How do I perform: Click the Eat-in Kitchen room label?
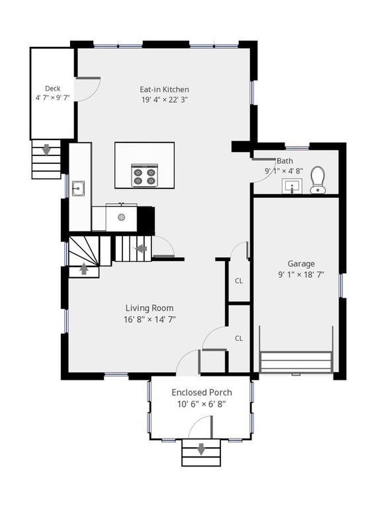(x=164, y=89)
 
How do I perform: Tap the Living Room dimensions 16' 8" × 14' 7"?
(x=150, y=319)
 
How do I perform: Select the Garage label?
(x=300, y=263)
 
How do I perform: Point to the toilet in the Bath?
(x=318, y=180)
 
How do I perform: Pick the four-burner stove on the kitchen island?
(x=144, y=176)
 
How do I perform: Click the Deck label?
(x=52, y=89)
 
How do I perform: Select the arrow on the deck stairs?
(x=46, y=150)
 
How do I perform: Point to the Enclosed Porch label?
(x=202, y=392)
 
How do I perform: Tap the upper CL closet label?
(x=239, y=280)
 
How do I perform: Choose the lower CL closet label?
(x=239, y=338)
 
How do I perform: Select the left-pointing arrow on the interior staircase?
(x=140, y=249)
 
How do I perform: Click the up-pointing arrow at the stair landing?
(x=83, y=269)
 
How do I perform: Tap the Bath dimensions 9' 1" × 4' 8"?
(x=284, y=171)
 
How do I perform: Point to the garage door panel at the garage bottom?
(x=296, y=362)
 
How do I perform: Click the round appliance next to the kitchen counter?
(x=121, y=216)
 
